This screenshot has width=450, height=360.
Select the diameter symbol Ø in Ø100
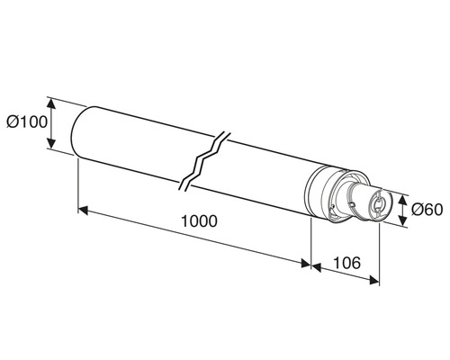pyautogui.click(x=12, y=121)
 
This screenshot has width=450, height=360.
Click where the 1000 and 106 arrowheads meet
pyautogui.click(x=310, y=265)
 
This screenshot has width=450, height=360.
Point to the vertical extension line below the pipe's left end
pyautogui.click(x=79, y=184)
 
